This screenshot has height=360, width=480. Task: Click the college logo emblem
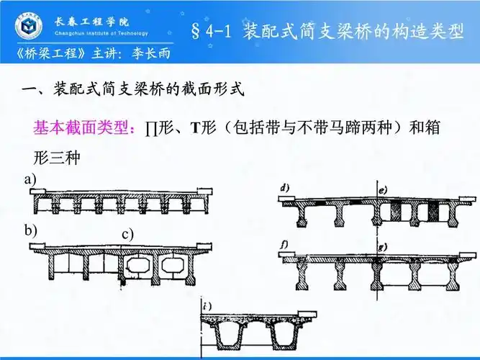tap(28, 27)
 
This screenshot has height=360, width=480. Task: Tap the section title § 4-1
tap(214, 32)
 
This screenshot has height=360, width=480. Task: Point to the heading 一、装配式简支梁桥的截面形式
tap(134, 91)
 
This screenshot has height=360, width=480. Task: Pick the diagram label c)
tap(128, 234)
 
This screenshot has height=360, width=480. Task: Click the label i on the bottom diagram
tap(207, 307)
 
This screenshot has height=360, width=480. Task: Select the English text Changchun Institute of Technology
tap(101, 33)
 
